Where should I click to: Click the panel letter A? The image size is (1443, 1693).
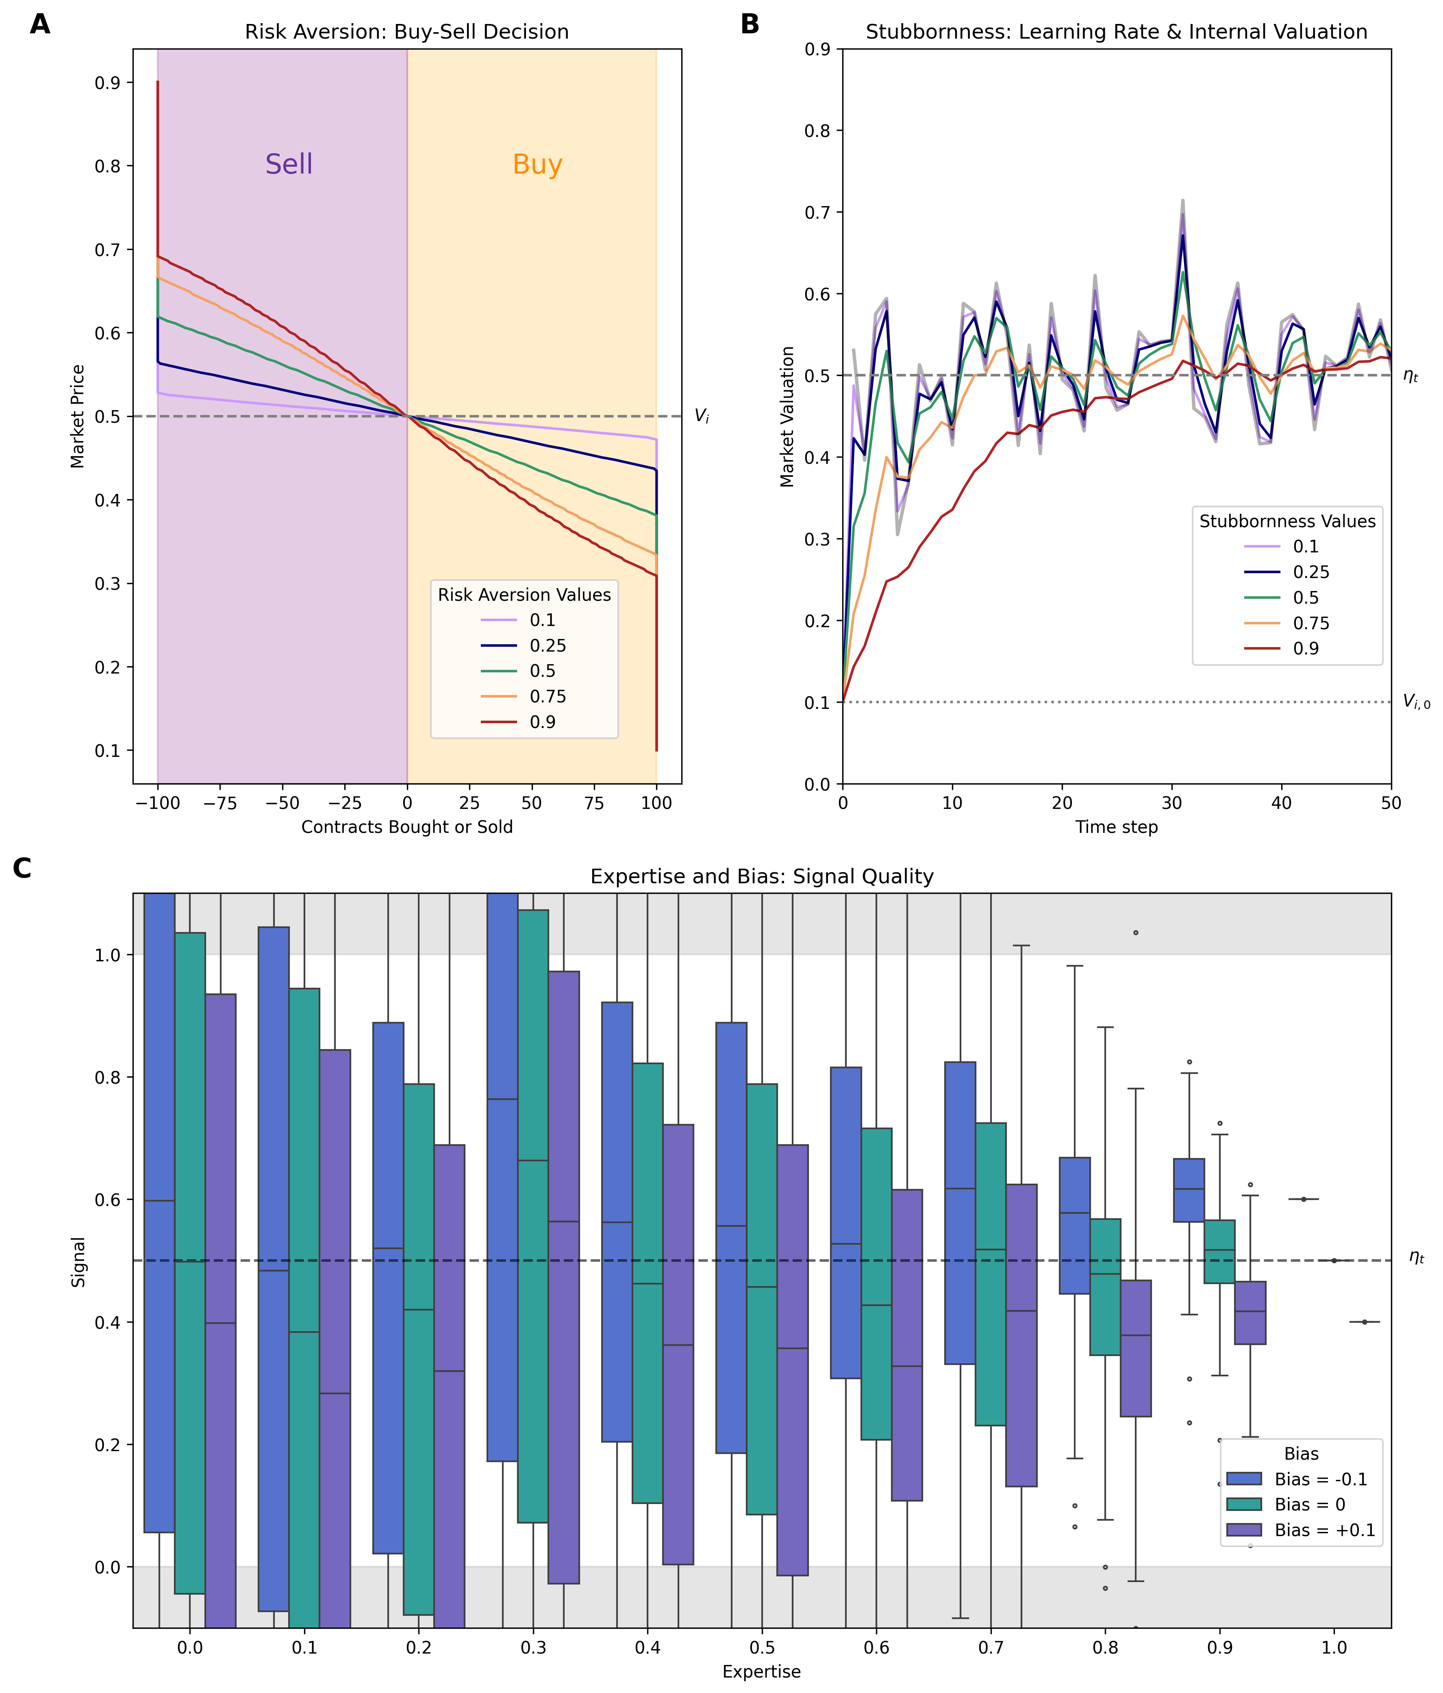click(x=39, y=24)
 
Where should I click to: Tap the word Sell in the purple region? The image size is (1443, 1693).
click(x=289, y=164)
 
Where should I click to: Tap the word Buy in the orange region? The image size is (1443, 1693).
click(x=537, y=164)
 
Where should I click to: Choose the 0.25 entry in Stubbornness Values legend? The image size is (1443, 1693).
click(x=1310, y=572)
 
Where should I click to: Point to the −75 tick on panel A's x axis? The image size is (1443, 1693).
click(x=220, y=803)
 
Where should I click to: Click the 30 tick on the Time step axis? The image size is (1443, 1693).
click(x=1172, y=803)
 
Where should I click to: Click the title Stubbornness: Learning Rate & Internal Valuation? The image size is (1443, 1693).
click(x=1116, y=32)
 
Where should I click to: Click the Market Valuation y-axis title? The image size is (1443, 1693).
click(x=787, y=417)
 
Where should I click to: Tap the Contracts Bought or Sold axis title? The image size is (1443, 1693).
click(x=407, y=827)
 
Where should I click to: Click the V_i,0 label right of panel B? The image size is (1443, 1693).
click(x=1416, y=702)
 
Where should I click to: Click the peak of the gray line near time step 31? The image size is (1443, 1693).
click(x=1182, y=200)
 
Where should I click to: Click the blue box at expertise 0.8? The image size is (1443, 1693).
click(x=1074, y=1226)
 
